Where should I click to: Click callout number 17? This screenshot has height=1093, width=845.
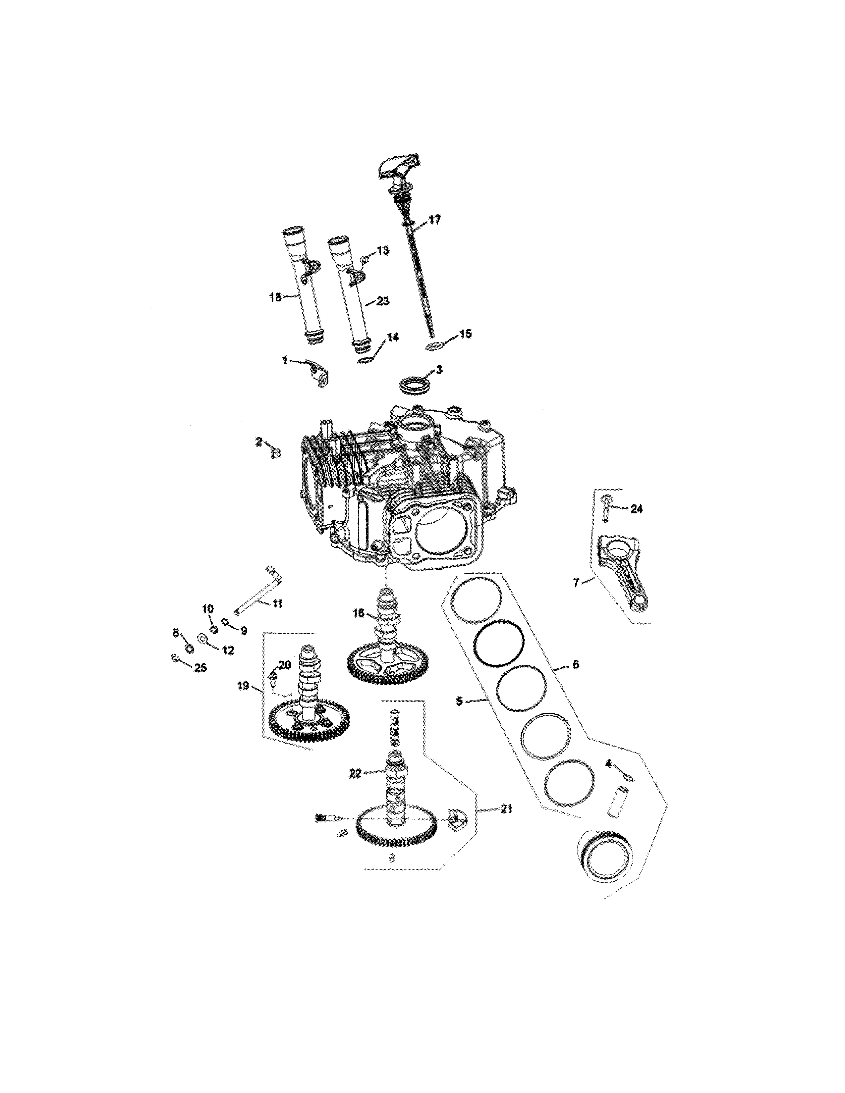[434, 219]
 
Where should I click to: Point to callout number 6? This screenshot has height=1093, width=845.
[575, 665]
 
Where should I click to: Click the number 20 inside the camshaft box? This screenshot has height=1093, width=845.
[284, 665]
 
